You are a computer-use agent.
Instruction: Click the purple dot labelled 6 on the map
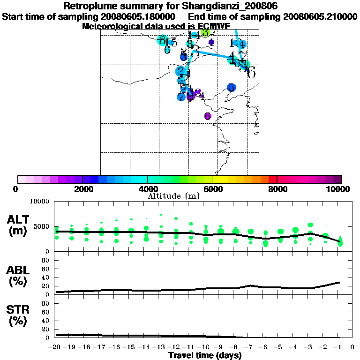pyautogui.click(x=208, y=116)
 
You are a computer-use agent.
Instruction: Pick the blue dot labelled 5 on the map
pyautogui.click(x=231, y=88)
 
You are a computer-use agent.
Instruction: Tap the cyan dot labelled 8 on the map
pyautogui.click(x=163, y=40)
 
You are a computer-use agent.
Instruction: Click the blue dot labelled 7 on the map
pyautogui.click(x=181, y=97)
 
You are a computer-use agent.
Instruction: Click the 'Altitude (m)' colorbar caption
pyautogui.click(x=174, y=196)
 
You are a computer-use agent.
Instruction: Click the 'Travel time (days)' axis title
pyautogui.click(x=205, y=355)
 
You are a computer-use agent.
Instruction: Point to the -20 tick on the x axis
pyautogui.click(x=56, y=347)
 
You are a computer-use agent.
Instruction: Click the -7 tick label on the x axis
pyautogui.click(x=250, y=347)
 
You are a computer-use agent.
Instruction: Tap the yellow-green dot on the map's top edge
pyautogui.click(x=205, y=32)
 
